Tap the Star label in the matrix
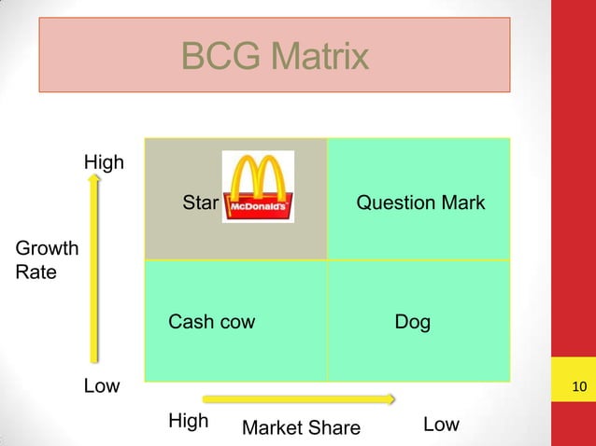point(200,202)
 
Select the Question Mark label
point(420,202)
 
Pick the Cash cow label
point(211,323)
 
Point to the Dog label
point(413,323)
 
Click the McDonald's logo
point(258,187)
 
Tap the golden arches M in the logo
point(258,177)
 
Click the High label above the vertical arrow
point(104,162)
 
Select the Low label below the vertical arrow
point(102,386)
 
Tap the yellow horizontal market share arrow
point(299,399)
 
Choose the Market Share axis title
point(301,428)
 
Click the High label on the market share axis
point(188,421)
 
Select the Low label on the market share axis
point(441,425)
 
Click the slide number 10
point(578,387)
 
